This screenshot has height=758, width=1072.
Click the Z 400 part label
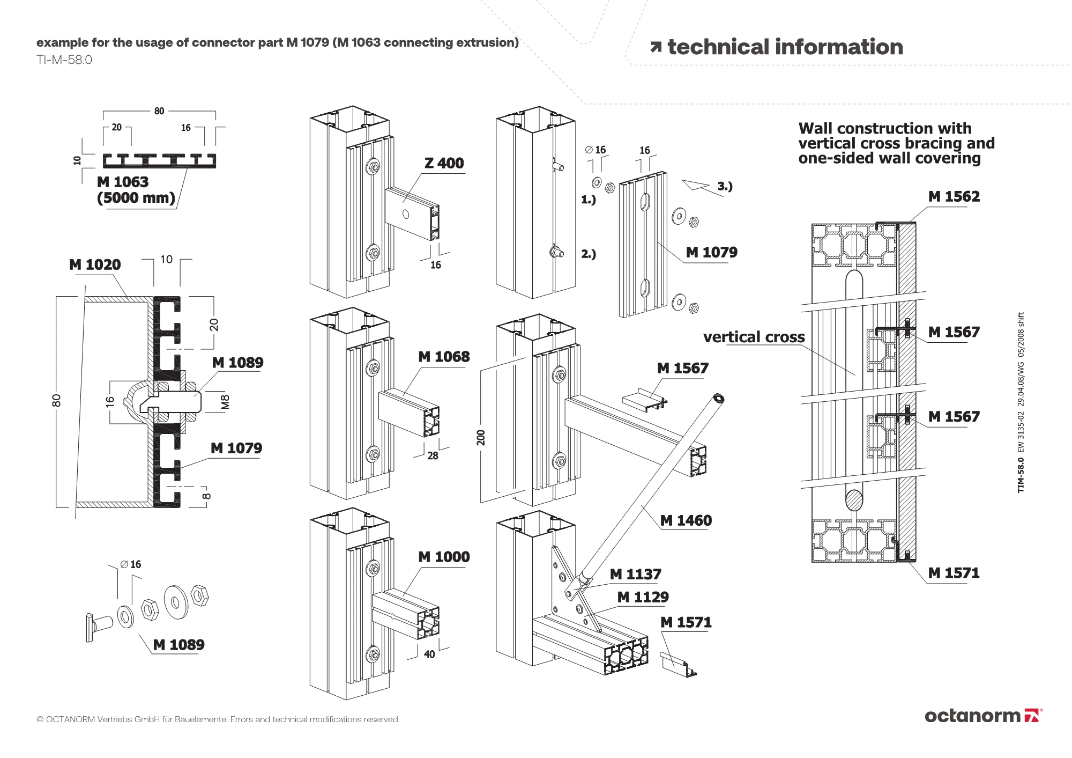(444, 163)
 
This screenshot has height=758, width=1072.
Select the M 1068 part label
(444, 357)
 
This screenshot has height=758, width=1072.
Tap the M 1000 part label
(444, 557)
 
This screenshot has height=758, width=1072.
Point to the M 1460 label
(686, 520)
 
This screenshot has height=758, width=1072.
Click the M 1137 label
(636, 575)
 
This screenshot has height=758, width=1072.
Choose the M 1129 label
(643, 597)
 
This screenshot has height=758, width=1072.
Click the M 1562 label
(954, 196)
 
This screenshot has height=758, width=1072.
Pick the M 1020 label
(95, 264)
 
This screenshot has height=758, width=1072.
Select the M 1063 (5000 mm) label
(136, 190)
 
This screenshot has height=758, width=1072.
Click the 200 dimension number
(481, 437)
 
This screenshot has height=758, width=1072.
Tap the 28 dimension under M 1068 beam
(433, 455)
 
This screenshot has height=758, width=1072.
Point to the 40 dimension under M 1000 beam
(429, 654)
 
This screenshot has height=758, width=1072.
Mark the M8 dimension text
(226, 402)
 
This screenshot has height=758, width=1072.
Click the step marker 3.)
(725, 186)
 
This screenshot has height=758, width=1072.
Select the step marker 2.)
(589, 254)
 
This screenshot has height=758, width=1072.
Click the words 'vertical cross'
(754, 337)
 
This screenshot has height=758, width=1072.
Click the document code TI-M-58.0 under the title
(64, 60)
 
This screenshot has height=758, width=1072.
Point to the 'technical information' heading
(777, 47)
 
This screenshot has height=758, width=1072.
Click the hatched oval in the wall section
(854, 500)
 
